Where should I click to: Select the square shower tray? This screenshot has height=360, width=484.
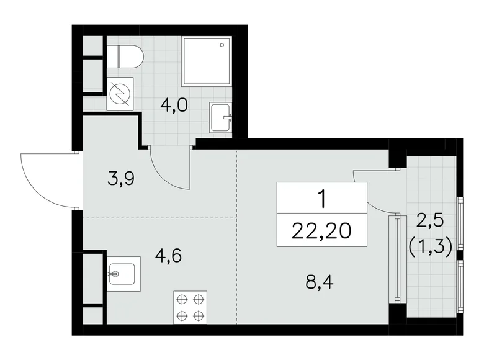tap(207, 60)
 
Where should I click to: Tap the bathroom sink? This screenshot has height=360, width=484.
tap(220, 117)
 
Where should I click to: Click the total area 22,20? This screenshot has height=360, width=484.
tap(321, 230)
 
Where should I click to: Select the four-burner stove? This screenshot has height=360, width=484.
tap(190, 307)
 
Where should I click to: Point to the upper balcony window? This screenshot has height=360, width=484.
tap(460, 223)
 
